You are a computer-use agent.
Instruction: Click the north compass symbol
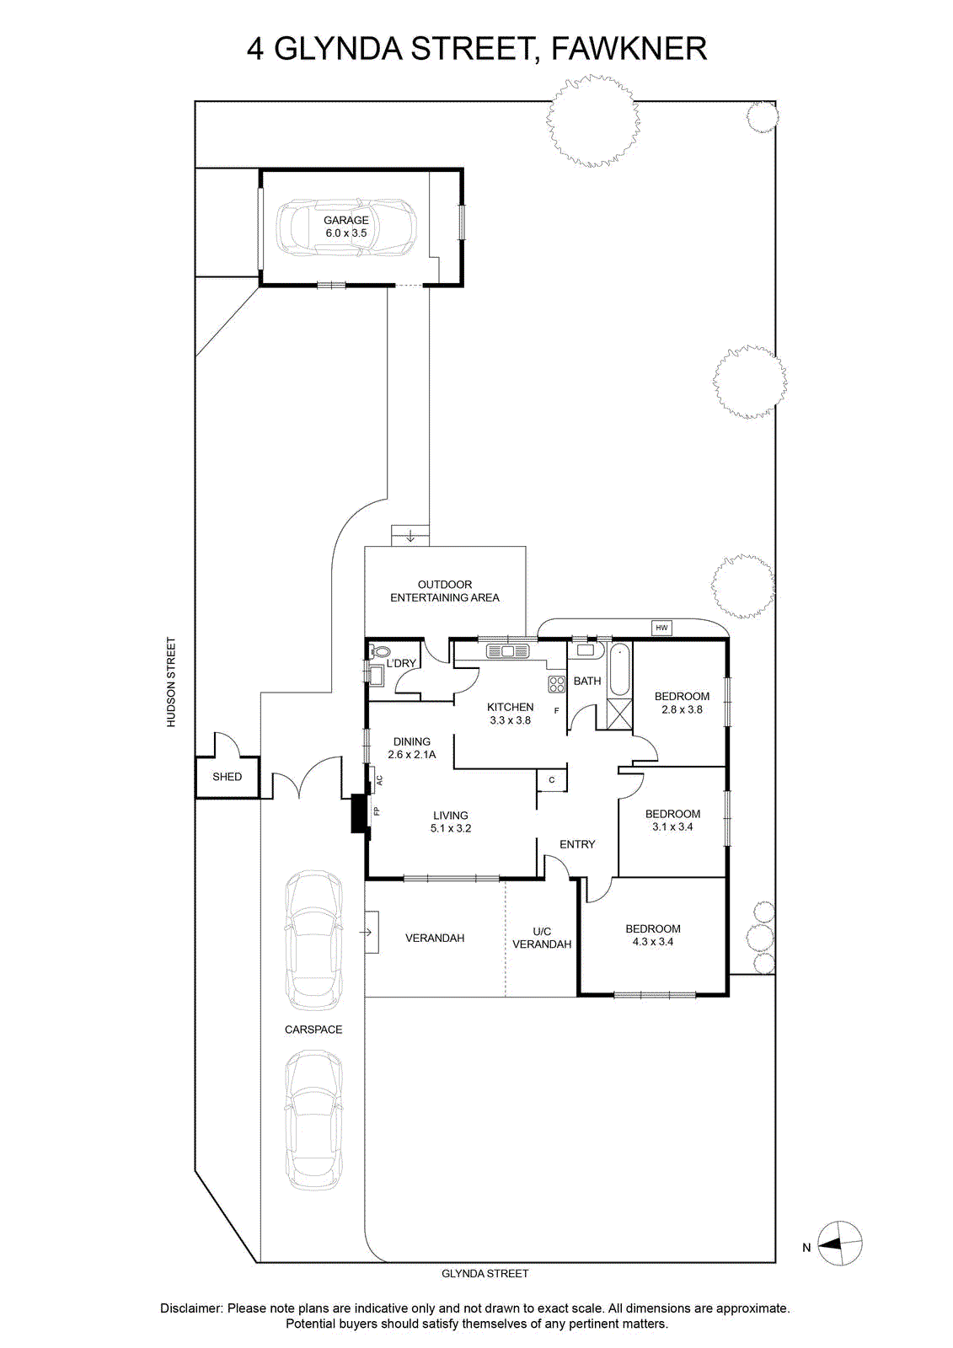tap(841, 1244)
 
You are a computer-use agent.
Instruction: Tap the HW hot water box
tap(661, 628)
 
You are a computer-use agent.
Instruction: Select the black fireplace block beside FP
tap(360, 814)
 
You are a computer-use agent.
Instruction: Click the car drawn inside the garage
tap(346, 227)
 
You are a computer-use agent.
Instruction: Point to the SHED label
tap(227, 777)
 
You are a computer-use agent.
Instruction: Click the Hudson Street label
tap(172, 682)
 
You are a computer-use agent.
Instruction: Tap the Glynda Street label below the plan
tap(485, 1273)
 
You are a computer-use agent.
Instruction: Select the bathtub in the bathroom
tap(618, 670)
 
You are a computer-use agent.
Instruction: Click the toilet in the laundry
tap(380, 650)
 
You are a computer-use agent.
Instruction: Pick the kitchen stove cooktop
tap(556, 683)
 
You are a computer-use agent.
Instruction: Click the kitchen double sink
tap(507, 650)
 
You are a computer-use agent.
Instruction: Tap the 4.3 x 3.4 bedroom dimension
tap(652, 942)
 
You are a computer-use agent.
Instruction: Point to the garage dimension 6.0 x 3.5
tap(346, 233)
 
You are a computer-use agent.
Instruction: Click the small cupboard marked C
tap(551, 780)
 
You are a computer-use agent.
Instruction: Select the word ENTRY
tap(577, 844)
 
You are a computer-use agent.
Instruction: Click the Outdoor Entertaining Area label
tap(445, 591)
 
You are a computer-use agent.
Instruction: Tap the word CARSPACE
tap(313, 1030)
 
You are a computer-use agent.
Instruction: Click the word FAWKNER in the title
tap(629, 48)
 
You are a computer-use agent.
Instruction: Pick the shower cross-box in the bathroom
tap(618, 714)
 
